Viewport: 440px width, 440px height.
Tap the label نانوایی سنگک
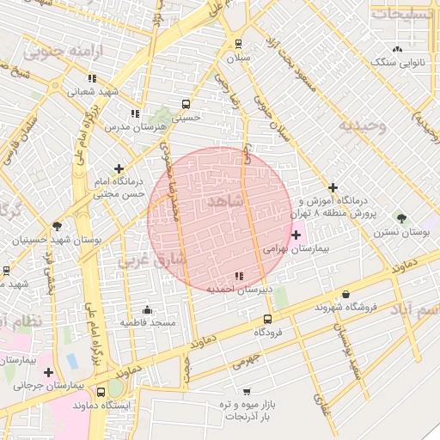(392, 62)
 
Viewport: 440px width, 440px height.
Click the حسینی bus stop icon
(186, 104)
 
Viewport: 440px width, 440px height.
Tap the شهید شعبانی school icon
(91, 79)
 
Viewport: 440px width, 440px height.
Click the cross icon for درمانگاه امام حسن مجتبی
(119, 168)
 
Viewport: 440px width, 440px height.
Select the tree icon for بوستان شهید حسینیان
(58, 227)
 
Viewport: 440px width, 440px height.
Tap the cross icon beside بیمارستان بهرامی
(297, 235)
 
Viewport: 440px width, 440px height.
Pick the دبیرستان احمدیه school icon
(239, 276)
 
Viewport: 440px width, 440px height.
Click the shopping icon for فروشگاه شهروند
(346, 295)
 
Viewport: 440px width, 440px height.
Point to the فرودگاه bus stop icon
(267, 317)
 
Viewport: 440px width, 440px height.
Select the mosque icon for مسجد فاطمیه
(147, 309)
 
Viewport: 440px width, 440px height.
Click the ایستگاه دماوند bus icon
(102, 391)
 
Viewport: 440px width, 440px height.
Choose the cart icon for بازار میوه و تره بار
(247, 391)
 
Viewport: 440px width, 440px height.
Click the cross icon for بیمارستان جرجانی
(49, 372)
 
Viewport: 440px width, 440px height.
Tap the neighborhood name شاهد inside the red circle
(227, 200)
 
